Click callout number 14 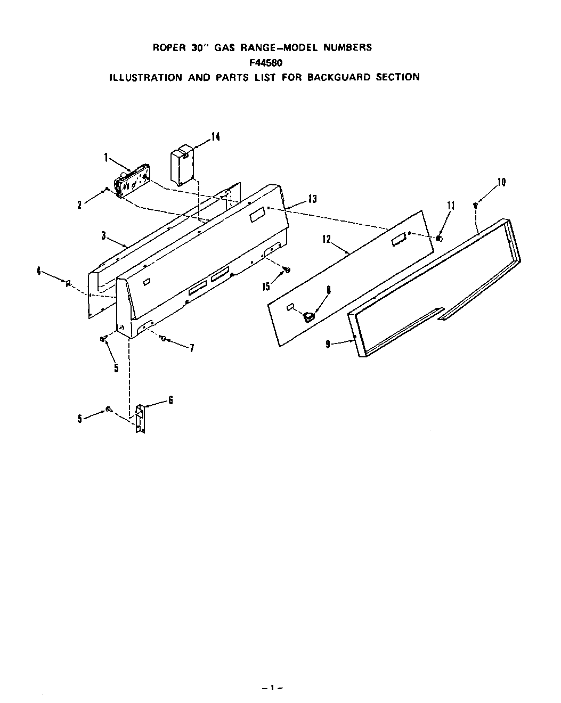tap(215, 137)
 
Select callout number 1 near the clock tap(107, 157)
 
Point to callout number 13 tap(312, 199)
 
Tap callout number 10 tap(501, 182)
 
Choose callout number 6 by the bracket tap(170, 400)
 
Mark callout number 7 tap(191, 348)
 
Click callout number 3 tap(104, 235)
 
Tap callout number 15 tap(266, 287)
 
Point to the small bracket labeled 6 tap(140, 419)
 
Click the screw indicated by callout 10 tap(475, 205)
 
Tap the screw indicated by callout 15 tap(287, 271)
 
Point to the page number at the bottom tap(273, 688)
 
